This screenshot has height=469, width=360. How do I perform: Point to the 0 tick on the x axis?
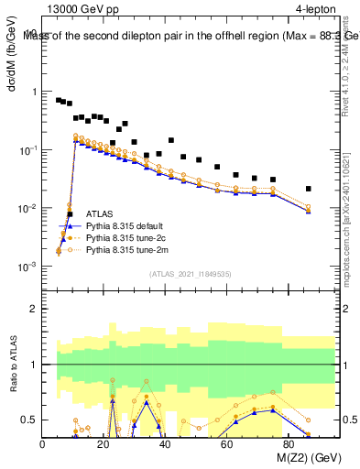(43, 443)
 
